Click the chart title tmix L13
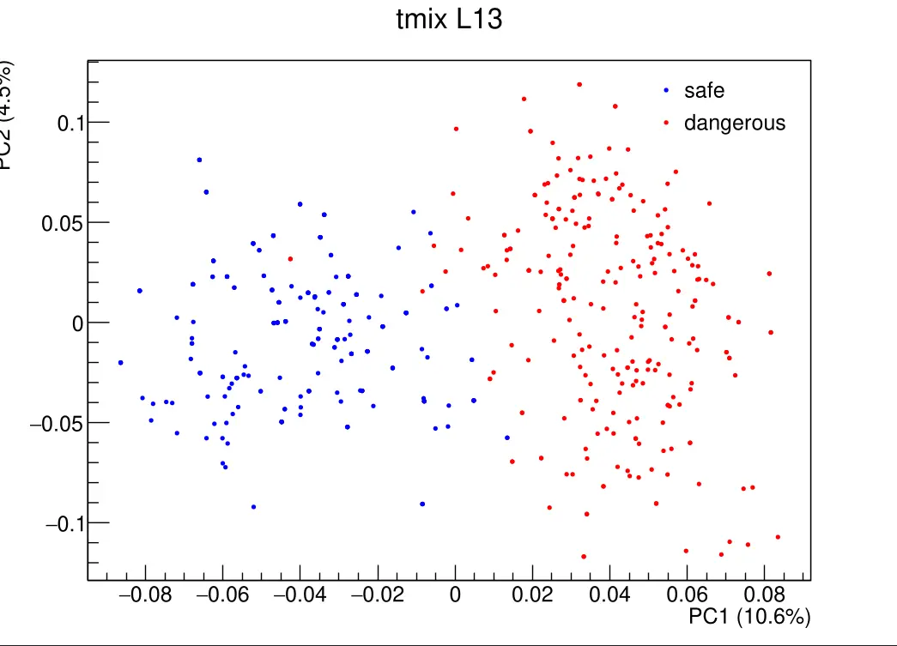coord(448,20)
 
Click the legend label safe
coord(704,90)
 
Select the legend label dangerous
coord(734,123)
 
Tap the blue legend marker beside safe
coord(666,90)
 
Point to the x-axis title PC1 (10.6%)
coord(749,616)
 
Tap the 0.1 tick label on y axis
coord(71,123)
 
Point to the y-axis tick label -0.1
coord(64,523)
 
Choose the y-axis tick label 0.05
coord(64,223)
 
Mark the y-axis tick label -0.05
coord(58,423)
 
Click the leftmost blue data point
coord(120,363)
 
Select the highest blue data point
coord(199,160)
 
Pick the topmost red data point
coord(579,84)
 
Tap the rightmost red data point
coord(778,537)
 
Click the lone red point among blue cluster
coord(291,258)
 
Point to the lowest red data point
coord(584,556)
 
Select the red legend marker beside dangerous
coord(666,123)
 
